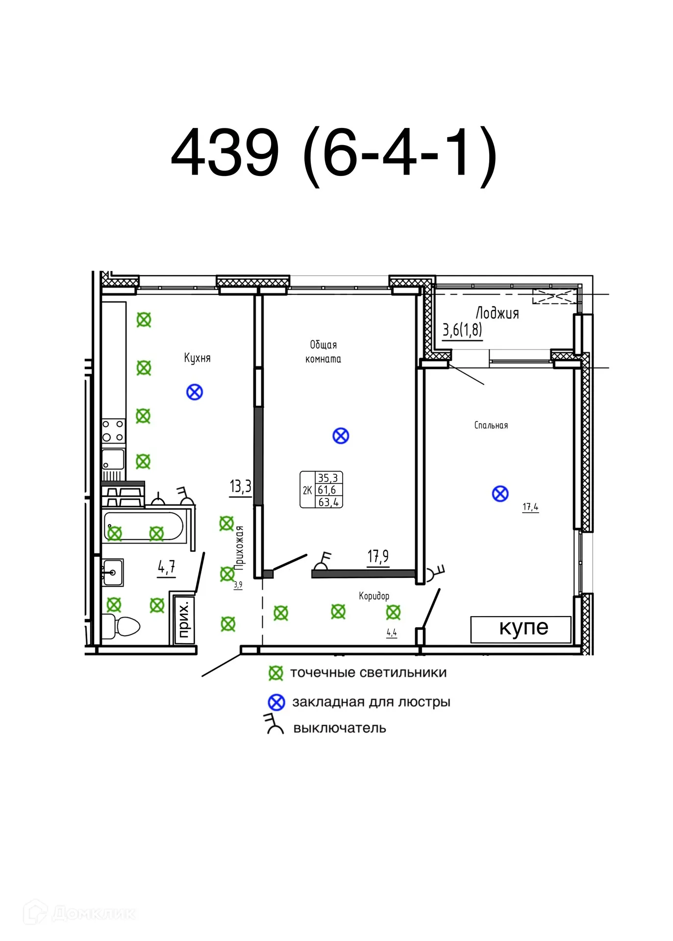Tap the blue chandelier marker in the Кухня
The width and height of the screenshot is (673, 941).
[195, 392]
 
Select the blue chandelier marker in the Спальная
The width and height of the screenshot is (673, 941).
[500, 494]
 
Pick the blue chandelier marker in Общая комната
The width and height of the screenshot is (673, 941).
[341, 436]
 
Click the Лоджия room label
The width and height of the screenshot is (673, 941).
[497, 313]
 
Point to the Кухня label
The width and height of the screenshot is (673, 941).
[197, 358]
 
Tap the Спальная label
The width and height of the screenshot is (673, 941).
[491, 425]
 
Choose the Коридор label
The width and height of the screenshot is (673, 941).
[374, 596]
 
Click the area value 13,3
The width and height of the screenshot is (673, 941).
[240, 486]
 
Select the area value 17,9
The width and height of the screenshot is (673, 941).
[378, 556]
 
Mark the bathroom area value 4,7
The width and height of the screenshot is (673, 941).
[166, 567]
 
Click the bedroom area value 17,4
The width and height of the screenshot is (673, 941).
[530, 507]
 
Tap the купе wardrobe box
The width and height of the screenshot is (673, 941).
[521, 629]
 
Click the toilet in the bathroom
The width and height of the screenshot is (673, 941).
[121, 626]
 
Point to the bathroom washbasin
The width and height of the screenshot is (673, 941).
[113, 572]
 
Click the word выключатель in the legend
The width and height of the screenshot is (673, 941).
[340, 728]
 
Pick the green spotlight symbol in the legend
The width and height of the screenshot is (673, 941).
[276, 673]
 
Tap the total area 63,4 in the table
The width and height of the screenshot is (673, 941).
[328, 502]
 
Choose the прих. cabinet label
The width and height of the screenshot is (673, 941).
[183, 620]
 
